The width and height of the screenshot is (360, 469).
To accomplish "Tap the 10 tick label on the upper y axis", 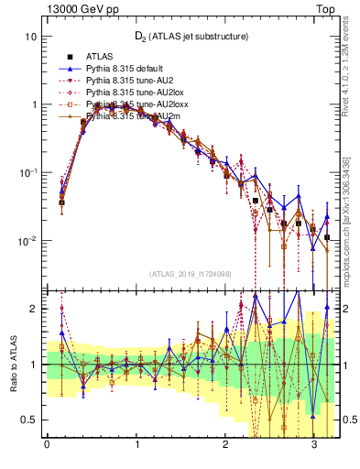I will (x=31, y=37).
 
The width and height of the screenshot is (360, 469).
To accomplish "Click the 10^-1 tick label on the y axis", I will (x=27, y=172).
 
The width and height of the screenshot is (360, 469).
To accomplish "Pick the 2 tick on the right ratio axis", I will (x=348, y=309).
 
